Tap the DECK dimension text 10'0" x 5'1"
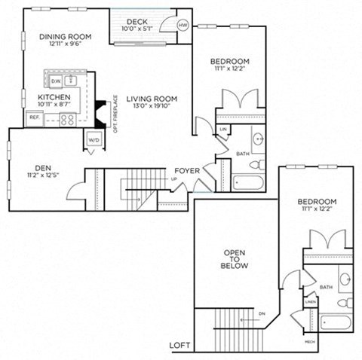pyautogui.click(x=137, y=29)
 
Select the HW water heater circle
pyautogui.click(x=181, y=25)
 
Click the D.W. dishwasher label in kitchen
pyautogui.click(x=56, y=81)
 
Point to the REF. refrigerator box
pyautogui.click(x=34, y=117)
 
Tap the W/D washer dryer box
pyautogui.click(x=94, y=139)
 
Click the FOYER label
pyautogui.click(x=187, y=171)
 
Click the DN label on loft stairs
pyautogui.click(x=262, y=313)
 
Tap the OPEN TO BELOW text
pyautogui.click(x=235, y=259)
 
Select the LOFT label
pyautogui.click(x=179, y=346)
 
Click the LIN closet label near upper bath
pyautogui.click(x=223, y=130)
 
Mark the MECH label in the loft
pyautogui.click(x=310, y=341)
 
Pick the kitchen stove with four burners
pyautogui.click(x=67, y=118)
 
